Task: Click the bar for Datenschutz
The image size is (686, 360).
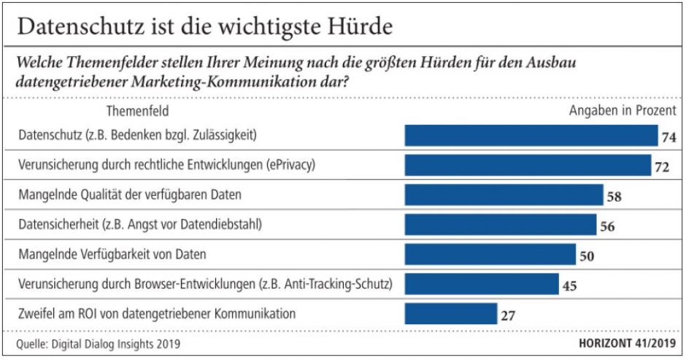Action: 531,136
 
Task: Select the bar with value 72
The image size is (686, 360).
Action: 528,165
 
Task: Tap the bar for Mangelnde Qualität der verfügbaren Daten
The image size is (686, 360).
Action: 504,195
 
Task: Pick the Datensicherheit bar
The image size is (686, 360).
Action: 500,225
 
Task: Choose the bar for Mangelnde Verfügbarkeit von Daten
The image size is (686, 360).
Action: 490,254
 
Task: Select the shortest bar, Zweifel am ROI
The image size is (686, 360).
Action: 451,314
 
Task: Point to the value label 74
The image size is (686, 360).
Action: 669,137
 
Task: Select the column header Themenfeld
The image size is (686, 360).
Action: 138,112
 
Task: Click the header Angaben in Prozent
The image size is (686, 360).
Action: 623,112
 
